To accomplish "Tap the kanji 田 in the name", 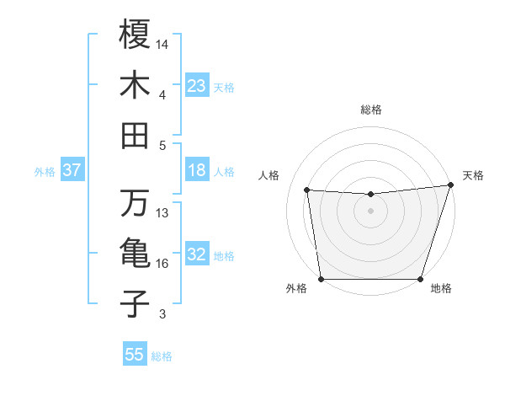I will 135,136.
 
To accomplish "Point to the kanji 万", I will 135,203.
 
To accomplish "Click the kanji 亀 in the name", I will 135,254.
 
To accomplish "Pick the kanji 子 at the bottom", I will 135,304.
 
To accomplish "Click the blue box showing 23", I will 197,85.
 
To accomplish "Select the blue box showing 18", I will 197,170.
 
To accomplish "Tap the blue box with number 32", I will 197,254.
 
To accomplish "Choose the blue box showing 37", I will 72,170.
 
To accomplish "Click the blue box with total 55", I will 135,355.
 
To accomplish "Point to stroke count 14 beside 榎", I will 163,43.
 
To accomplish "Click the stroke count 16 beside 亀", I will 163,264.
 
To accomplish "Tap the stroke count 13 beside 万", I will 163,212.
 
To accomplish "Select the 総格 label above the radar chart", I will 371,110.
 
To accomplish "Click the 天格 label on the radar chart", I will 473,175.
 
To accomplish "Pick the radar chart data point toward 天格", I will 450,185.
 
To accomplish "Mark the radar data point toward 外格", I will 322,279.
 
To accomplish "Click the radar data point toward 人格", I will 307,190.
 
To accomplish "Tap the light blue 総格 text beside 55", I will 162,356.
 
